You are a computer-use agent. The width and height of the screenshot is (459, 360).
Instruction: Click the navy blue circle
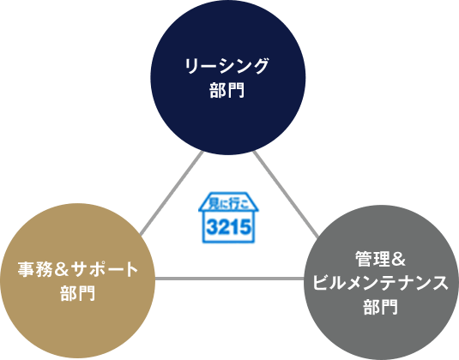[228, 77]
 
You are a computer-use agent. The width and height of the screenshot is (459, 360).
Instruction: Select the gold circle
[77, 281]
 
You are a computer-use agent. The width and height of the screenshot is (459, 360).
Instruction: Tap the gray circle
[382, 283]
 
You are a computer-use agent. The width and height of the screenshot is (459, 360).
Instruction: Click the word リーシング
[226, 66]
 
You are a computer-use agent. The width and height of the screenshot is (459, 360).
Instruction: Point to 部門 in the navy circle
[226, 90]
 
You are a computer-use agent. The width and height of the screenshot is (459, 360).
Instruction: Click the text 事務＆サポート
[77, 269]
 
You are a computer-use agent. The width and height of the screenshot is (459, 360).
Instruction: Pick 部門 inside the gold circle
[77, 293]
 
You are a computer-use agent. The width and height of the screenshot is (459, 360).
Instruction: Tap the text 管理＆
[380, 259]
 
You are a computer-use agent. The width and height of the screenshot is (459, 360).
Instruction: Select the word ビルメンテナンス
[381, 283]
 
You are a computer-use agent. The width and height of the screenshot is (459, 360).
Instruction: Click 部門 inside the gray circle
[381, 307]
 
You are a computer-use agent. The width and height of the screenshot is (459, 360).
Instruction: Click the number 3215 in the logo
[228, 227]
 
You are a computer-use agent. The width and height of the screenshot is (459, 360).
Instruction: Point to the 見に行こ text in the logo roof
[228, 203]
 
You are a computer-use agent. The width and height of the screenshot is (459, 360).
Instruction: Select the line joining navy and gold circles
[172, 194]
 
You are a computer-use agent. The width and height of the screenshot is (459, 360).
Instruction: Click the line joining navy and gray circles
[286, 195]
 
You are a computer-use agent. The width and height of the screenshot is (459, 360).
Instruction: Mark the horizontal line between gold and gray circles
[230, 279]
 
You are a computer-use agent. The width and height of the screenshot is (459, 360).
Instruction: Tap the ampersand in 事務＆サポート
[61, 269]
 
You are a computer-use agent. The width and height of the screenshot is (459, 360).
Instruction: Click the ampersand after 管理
[398, 260]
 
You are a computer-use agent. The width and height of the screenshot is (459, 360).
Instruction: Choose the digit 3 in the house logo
[212, 227]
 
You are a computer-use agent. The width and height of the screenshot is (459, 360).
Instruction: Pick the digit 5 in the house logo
[245, 227]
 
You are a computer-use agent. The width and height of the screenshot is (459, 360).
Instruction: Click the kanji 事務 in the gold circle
[35, 269]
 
